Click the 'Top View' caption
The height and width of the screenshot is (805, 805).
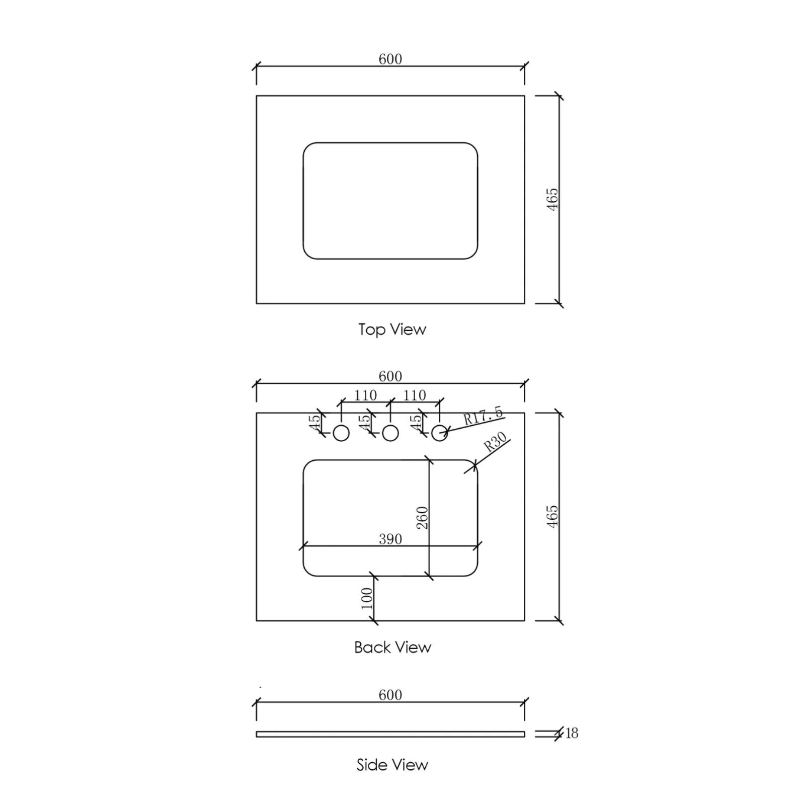click(392, 330)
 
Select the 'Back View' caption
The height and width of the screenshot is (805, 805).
click(392, 647)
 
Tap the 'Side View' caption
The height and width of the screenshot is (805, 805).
click(392, 765)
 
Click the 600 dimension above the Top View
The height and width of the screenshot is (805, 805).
click(390, 59)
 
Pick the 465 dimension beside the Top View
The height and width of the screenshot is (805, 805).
click(552, 199)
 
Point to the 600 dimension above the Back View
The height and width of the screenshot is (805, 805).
click(390, 376)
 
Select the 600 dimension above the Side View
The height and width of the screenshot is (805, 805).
click(390, 695)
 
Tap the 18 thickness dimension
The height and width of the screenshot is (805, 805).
click(572, 733)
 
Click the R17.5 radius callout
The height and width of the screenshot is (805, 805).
click(482, 416)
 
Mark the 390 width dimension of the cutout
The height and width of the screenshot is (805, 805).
click(390, 539)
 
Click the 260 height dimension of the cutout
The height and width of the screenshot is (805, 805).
click(422, 517)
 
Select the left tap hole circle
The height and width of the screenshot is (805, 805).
click(341, 433)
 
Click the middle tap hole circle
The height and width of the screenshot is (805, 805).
click(390, 433)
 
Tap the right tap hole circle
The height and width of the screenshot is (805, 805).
click(439, 433)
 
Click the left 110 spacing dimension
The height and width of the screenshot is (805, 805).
click(365, 395)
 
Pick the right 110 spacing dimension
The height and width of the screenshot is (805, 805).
click(415, 395)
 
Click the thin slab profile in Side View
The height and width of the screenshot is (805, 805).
click(390, 734)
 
